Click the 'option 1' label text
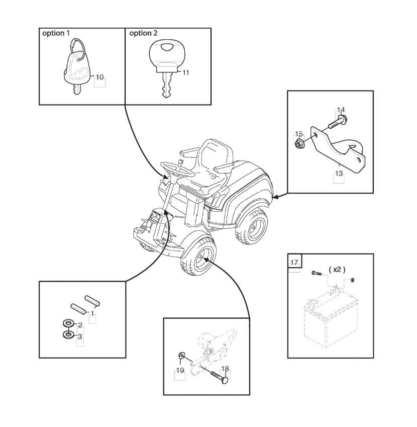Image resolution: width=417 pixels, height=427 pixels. (56, 33)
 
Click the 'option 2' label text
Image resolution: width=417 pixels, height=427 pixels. (143, 33)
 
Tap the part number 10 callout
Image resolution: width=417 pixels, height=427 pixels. (100, 77)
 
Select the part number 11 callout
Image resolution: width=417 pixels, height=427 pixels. (186, 72)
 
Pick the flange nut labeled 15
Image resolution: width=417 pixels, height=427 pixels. (299, 143)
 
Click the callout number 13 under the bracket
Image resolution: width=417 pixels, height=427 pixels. (339, 174)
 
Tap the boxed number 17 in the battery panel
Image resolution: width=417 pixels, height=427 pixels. (294, 263)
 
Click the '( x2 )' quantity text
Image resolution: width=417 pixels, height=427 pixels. (337, 270)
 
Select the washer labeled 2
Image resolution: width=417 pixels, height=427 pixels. (68, 324)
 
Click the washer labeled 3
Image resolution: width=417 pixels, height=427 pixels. (68, 334)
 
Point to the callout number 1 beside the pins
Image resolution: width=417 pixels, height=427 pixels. (92, 314)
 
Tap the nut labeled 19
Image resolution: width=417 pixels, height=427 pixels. (181, 356)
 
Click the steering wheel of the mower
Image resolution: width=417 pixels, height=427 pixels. (177, 169)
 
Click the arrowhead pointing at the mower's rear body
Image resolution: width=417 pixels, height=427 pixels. (275, 196)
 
